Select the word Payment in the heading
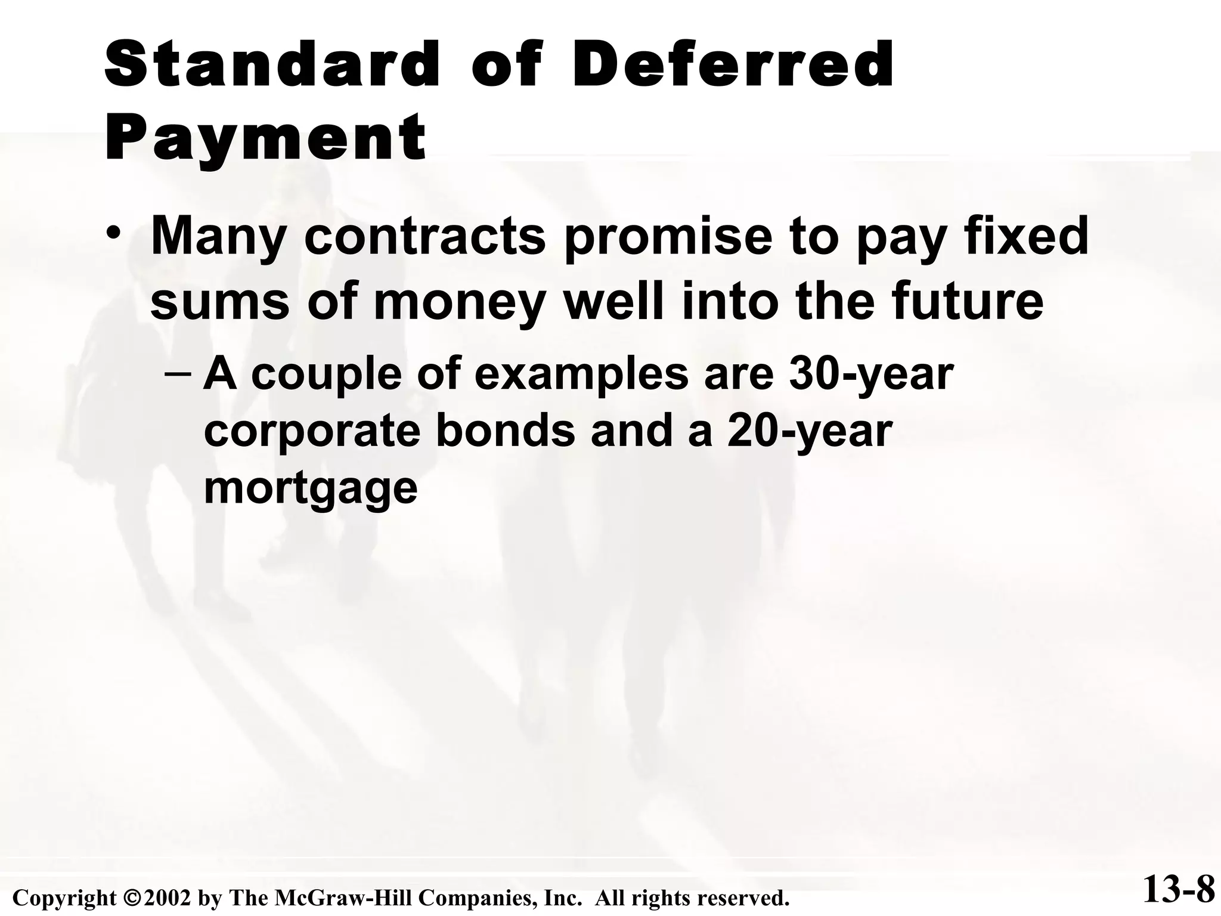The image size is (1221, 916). coord(265,138)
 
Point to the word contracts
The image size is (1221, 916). coord(424,237)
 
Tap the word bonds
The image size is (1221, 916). coord(506,432)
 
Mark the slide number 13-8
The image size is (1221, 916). coord(1179,891)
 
